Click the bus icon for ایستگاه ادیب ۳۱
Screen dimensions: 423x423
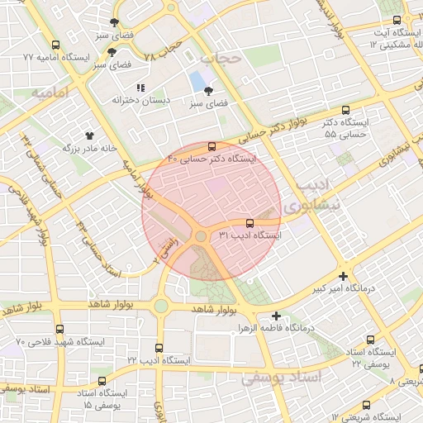pos(250,223)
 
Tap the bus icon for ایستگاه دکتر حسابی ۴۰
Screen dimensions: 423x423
pos(212,145)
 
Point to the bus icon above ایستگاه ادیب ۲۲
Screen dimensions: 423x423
pos(159,348)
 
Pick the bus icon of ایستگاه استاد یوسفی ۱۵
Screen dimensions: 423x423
pos(102,381)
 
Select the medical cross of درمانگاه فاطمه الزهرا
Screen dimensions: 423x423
pos(277,315)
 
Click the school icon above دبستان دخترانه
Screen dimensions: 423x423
pos(140,87)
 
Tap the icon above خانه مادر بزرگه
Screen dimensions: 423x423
pos(89,135)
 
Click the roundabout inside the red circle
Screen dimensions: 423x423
pos(200,238)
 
